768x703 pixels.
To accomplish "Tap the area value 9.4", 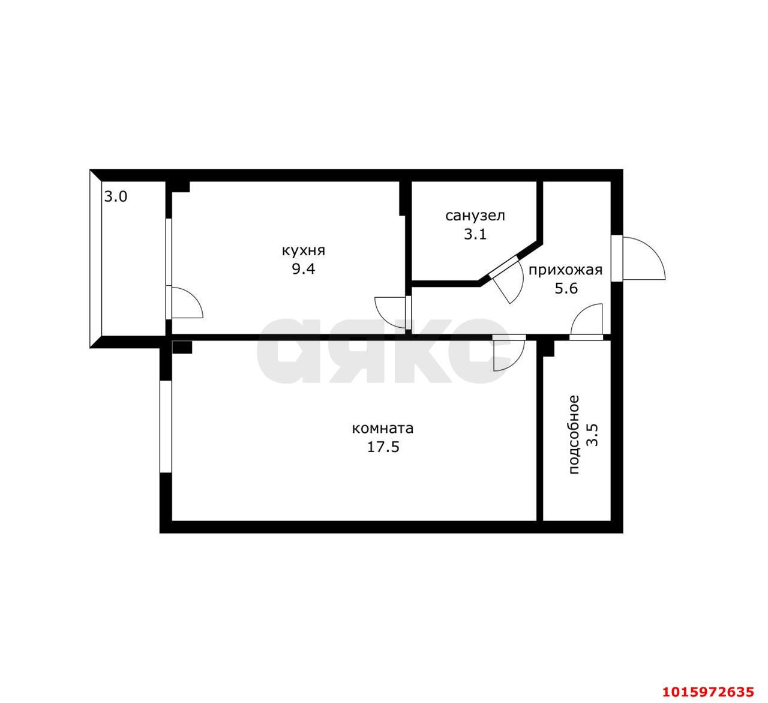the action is (x=303, y=270).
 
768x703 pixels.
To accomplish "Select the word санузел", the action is (x=475, y=216).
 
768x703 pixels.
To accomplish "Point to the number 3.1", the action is (x=475, y=234).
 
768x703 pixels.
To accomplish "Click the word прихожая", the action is (x=565, y=271).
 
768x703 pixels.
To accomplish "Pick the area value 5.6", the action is (x=566, y=289).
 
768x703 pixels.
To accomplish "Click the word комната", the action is (x=382, y=428).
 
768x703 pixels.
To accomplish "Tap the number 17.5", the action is (x=383, y=447).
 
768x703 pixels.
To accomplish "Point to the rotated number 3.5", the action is (x=592, y=435).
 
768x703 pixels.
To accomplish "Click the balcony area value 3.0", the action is (x=116, y=197).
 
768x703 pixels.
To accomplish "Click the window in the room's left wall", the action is (x=166, y=426).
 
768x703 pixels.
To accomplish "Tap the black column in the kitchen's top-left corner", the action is (x=180, y=186).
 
